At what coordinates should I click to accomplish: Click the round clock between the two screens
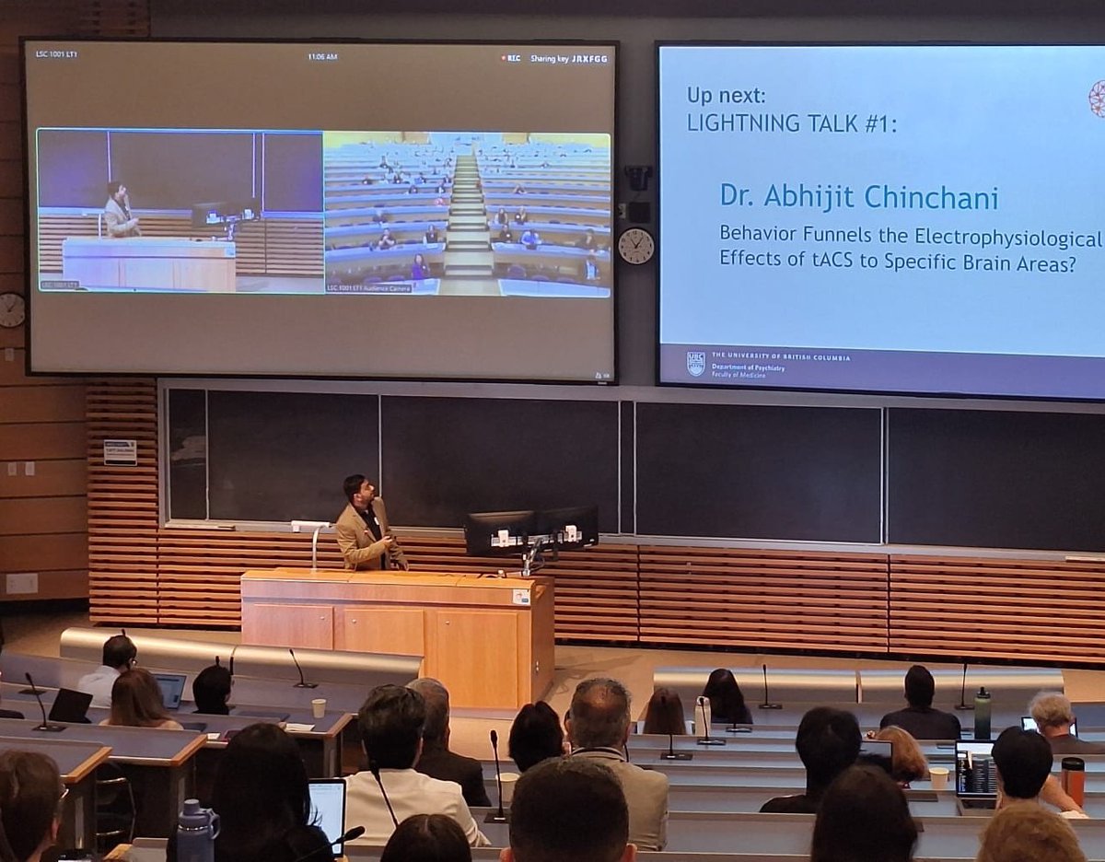(635, 246)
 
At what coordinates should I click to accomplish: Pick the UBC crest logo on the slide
(696, 363)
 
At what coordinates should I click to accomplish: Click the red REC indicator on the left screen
(511, 58)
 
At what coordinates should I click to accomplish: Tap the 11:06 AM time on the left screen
(322, 57)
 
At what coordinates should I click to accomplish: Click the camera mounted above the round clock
(637, 177)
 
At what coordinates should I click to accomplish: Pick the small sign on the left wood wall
(120, 452)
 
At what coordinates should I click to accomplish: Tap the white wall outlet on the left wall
(22, 583)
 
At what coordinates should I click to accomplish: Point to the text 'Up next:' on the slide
(727, 95)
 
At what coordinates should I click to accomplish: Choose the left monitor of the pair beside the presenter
(499, 531)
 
